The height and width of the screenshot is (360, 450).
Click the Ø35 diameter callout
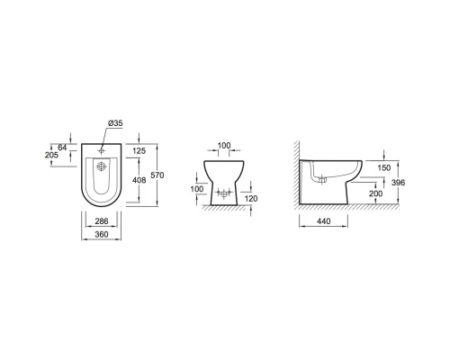tap(115, 123)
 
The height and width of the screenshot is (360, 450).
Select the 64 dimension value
tap(62, 148)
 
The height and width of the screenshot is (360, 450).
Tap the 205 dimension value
tap(51, 155)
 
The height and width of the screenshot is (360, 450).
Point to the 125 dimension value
tap(139, 151)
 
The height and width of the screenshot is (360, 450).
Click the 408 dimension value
tap(139, 180)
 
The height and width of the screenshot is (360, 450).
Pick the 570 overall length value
tap(157, 175)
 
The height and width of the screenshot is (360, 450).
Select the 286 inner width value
tap(102, 221)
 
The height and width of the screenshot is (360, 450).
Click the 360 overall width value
tap(102, 234)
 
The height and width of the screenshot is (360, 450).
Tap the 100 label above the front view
tap(224, 146)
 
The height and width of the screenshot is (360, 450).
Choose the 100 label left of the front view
tap(197, 189)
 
